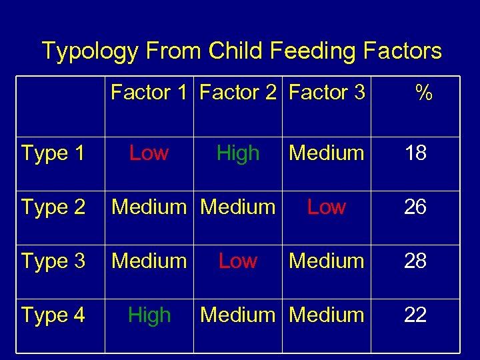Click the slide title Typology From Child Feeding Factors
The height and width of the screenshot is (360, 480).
(x=241, y=51)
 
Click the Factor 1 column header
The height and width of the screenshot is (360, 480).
(x=149, y=92)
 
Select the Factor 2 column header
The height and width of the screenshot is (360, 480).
(x=238, y=92)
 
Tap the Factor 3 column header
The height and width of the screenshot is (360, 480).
(x=327, y=92)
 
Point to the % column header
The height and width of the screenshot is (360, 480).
(x=423, y=93)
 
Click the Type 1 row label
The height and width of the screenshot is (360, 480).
(x=53, y=153)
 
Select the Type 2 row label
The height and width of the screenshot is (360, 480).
(x=53, y=207)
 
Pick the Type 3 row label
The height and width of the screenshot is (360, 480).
(x=53, y=261)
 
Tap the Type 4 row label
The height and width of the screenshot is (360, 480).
(x=53, y=315)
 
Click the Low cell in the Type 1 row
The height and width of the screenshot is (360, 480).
(x=149, y=153)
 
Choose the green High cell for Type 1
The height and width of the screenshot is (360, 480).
(x=238, y=153)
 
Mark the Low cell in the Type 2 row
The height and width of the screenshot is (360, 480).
(x=327, y=207)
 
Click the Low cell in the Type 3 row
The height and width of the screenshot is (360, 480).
(x=238, y=261)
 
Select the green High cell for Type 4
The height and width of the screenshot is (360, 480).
(x=149, y=315)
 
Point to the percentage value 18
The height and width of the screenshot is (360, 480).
(x=415, y=153)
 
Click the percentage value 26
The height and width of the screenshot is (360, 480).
(x=415, y=207)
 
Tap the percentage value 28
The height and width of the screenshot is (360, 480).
(x=415, y=261)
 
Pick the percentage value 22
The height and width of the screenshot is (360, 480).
(x=415, y=315)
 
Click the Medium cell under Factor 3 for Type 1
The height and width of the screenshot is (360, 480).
(x=327, y=153)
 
